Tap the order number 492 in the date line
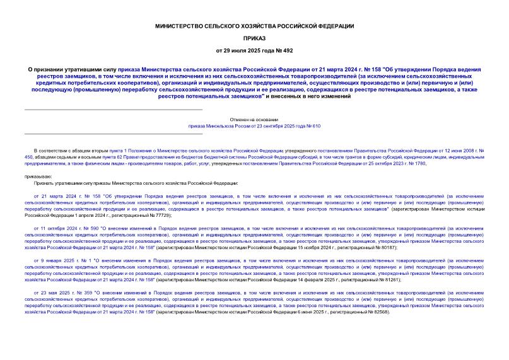click(287, 50)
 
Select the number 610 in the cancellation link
click(316, 126)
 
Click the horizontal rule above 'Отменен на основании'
click(114, 110)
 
